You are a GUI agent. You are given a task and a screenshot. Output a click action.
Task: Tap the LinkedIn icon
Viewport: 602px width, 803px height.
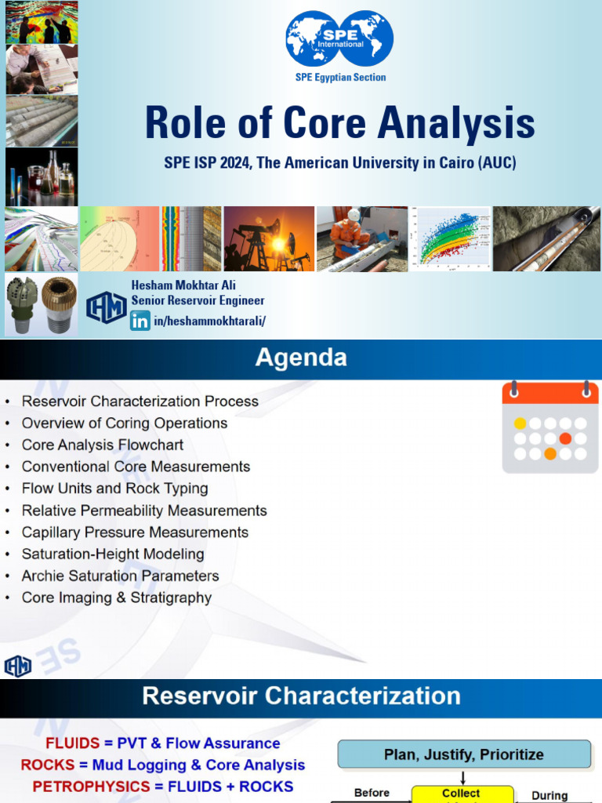(140, 320)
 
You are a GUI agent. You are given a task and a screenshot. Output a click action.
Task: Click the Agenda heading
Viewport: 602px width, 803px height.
(300, 358)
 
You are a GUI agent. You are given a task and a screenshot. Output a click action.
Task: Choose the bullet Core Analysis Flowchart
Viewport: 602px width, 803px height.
(103, 445)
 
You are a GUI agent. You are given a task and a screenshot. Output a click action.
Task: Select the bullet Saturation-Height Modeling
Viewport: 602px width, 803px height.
(113, 554)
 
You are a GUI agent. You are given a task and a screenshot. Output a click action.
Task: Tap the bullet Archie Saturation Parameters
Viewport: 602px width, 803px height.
(120, 576)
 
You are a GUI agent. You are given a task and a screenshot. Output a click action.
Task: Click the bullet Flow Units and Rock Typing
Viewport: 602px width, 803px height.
(114, 489)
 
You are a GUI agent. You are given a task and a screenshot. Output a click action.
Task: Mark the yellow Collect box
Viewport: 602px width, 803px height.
(461, 794)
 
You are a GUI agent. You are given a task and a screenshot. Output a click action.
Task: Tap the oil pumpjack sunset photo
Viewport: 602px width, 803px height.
(269, 239)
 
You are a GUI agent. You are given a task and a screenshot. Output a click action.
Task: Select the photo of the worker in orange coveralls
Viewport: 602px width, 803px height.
(361, 239)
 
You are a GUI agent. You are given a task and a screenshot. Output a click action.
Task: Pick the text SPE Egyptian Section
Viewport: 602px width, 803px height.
(340, 78)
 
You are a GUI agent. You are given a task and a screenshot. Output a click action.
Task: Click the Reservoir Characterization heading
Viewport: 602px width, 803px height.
(300, 696)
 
